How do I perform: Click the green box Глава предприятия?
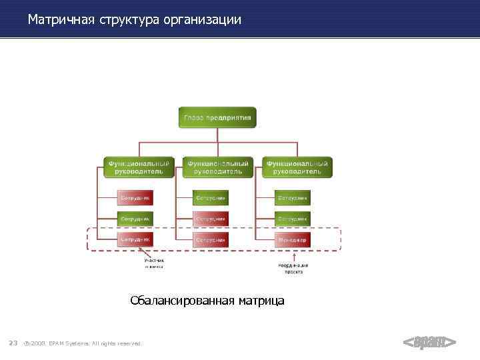point(217,118)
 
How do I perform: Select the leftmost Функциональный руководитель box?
point(139,167)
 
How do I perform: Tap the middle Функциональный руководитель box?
point(217,167)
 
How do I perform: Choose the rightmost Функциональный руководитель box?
point(296,167)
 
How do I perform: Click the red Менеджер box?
point(293,239)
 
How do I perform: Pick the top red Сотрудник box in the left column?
point(135,197)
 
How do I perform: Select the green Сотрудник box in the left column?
point(135,218)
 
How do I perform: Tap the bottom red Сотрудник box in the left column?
point(135,239)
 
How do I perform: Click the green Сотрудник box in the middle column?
point(211,197)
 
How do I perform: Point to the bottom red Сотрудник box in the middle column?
point(211,239)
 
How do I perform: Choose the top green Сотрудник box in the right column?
point(293,197)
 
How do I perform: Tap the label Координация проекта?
point(293,269)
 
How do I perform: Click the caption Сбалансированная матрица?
point(207,301)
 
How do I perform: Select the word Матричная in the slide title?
point(62,20)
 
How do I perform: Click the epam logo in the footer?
point(429,343)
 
